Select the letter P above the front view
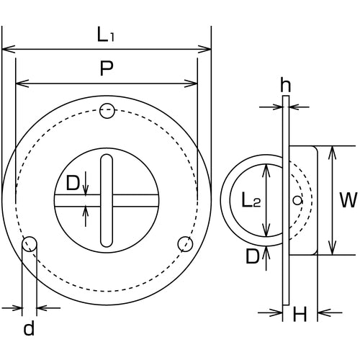point(106,69)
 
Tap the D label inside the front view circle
point(73,184)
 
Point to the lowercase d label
point(29,330)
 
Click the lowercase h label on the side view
point(285,86)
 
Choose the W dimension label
point(348,199)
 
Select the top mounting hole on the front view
point(107,111)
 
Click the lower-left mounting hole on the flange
point(30,243)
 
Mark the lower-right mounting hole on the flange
point(184,243)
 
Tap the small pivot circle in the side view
point(296,199)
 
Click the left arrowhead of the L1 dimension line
point(6,50)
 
